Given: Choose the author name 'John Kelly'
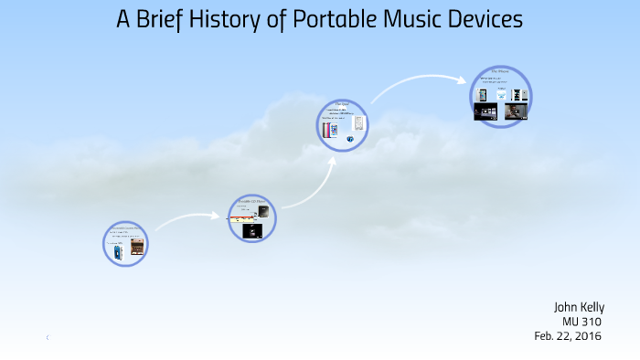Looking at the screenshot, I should click(579, 307).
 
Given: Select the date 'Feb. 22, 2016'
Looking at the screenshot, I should click(570, 336).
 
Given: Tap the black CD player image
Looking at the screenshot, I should click(261, 212).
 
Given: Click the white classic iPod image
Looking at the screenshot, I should click(359, 124).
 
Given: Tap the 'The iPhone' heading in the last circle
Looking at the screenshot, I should click(500, 71).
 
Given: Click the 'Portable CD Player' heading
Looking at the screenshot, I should click(251, 200).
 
